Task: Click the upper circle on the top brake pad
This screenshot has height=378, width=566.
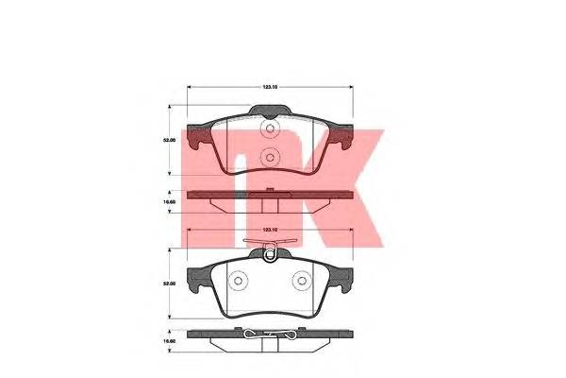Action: pos(270,130)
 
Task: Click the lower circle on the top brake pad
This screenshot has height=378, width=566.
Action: pos(270,158)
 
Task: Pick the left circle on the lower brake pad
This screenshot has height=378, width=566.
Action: pos(239,280)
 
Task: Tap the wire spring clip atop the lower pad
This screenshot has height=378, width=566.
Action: pos(271,249)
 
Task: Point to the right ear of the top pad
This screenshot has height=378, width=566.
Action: pos(341,139)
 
